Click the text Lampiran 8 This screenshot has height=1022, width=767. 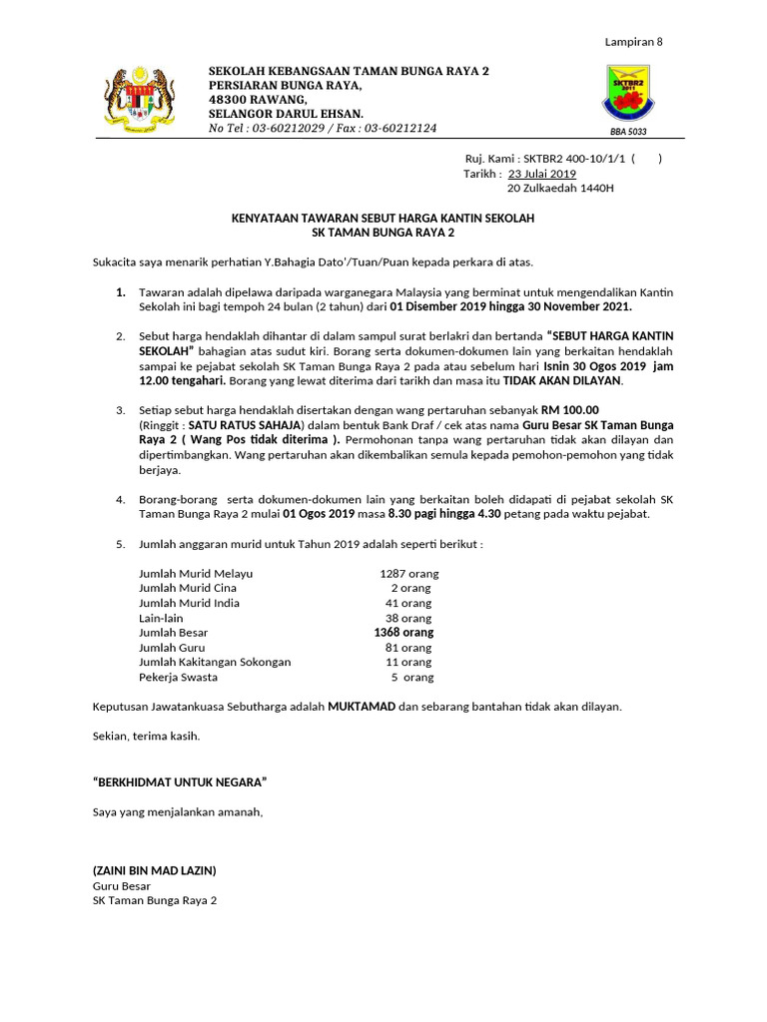[634, 42]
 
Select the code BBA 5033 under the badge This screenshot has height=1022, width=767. [628, 131]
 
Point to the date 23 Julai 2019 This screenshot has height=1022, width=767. [549, 174]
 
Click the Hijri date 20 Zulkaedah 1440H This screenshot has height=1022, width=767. [560, 188]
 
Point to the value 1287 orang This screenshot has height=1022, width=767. [408, 574]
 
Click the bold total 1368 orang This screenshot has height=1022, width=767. [403, 633]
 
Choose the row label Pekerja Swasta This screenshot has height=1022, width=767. [178, 677]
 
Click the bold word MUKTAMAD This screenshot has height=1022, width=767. [362, 706]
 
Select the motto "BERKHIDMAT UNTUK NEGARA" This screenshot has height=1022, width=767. [179, 780]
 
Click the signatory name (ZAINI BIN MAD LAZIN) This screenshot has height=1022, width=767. [153, 870]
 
